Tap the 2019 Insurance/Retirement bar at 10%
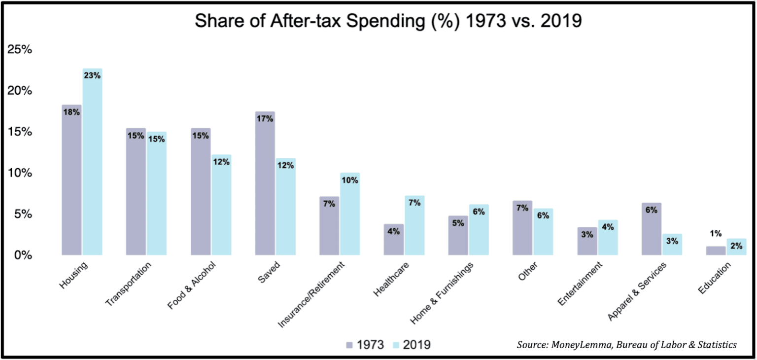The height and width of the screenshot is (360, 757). pyautogui.click(x=350, y=214)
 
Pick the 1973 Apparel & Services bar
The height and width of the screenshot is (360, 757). pyautogui.click(x=652, y=229)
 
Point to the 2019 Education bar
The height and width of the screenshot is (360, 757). pyautogui.click(x=736, y=247)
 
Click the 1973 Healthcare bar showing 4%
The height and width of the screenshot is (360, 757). pyautogui.click(x=394, y=240)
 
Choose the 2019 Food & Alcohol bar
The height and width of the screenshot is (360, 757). pyautogui.click(x=221, y=205)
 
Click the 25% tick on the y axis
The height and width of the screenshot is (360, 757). pyautogui.click(x=19, y=50)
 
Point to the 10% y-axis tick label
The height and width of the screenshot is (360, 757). pyautogui.click(x=19, y=173)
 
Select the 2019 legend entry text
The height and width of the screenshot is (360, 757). pyautogui.click(x=417, y=345)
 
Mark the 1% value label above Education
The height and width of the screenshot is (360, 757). pyautogui.click(x=716, y=234)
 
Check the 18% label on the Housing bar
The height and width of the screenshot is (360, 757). pyautogui.click(x=71, y=112)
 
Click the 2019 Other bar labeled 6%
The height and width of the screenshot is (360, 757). pyautogui.click(x=543, y=232)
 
